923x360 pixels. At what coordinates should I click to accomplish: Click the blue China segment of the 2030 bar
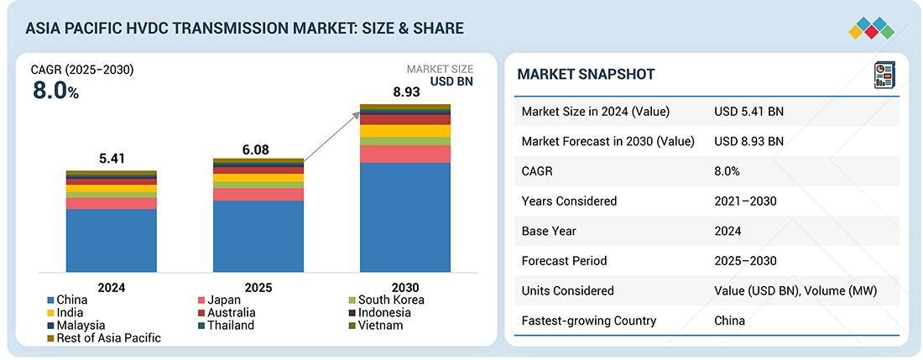405,217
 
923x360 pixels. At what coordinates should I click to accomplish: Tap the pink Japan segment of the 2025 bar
258,195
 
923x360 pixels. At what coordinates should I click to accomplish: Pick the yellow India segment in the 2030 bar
405,131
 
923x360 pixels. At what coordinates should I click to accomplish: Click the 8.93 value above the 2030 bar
405,91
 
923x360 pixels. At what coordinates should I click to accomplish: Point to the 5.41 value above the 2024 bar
112,157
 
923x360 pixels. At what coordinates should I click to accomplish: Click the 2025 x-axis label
258,287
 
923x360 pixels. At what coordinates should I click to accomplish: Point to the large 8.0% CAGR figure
55,91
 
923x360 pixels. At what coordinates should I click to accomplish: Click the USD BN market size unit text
451,81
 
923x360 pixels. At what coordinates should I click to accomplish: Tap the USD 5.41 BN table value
749,112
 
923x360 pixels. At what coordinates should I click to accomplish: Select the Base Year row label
550,231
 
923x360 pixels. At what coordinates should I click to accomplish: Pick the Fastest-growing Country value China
730,321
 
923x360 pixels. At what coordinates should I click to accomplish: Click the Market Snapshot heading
586,75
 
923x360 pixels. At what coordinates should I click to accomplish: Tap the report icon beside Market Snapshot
884,74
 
